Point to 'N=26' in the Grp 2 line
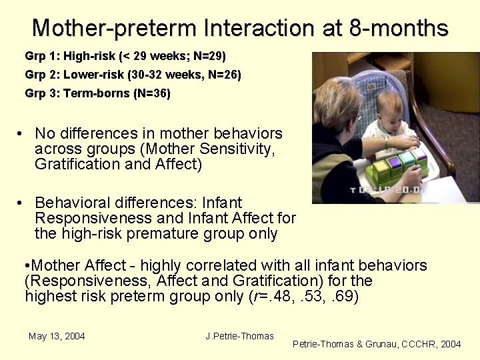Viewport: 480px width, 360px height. (223, 75)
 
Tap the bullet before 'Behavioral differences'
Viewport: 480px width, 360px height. (21, 203)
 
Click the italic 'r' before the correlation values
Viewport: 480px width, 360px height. (253, 297)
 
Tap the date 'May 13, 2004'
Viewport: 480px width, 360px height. (57, 336)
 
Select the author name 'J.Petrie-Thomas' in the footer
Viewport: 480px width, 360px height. (240, 336)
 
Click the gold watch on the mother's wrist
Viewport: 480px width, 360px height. (387, 142)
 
